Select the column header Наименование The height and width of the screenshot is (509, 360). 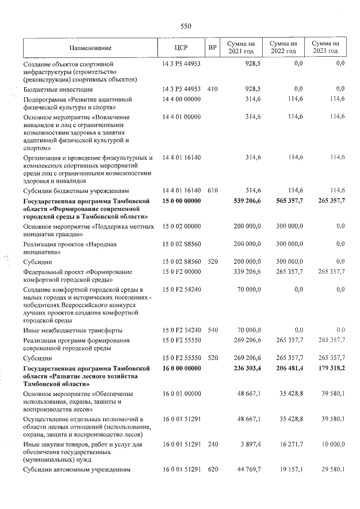point(91,48)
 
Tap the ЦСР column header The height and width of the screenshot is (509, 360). point(181,48)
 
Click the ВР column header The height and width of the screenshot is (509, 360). point(212,48)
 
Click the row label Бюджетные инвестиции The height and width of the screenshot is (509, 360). point(58,89)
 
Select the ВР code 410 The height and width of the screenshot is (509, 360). point(212,89)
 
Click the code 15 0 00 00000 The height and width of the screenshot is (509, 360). point(181,201)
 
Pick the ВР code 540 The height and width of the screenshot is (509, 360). point(212,330)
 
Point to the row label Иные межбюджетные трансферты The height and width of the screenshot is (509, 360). point(73,330)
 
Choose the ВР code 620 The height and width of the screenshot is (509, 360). point(212,470)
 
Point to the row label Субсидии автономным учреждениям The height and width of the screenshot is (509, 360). point(76,470)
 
